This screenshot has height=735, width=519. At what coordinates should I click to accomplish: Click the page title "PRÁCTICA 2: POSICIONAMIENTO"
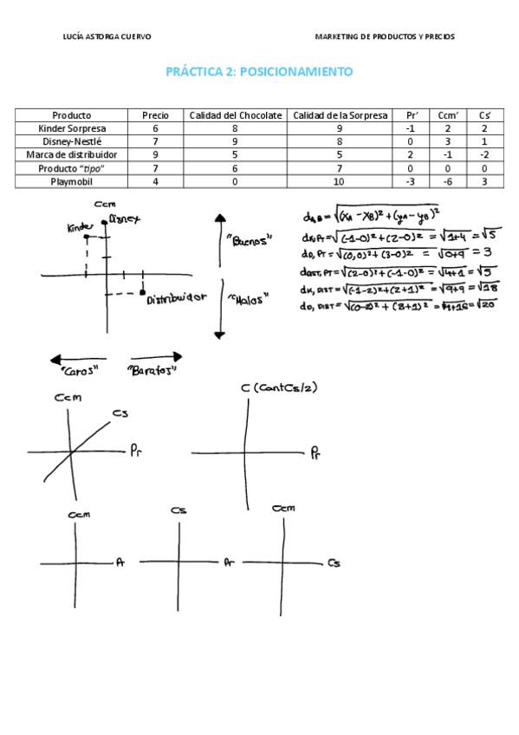pos(259,72)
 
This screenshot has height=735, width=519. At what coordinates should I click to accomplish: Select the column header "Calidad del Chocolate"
pos(236,115)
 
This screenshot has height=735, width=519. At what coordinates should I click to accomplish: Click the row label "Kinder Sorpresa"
pos(72,128)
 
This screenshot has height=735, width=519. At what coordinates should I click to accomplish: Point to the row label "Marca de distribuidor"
pos(72,155)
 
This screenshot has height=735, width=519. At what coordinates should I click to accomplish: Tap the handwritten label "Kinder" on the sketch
pos(78,228)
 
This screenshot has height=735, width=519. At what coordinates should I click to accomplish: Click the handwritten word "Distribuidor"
pos(177,299)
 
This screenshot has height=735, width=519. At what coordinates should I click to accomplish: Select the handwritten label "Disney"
pos(124,220)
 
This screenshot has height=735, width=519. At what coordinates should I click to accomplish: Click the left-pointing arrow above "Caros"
pos(77,357)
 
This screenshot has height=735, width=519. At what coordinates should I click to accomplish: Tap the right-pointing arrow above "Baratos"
pos(156,356)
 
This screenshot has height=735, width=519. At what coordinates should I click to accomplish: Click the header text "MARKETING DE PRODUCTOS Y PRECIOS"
pos(385,37)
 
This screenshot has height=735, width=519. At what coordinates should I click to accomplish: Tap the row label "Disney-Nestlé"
pos(72,141)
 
